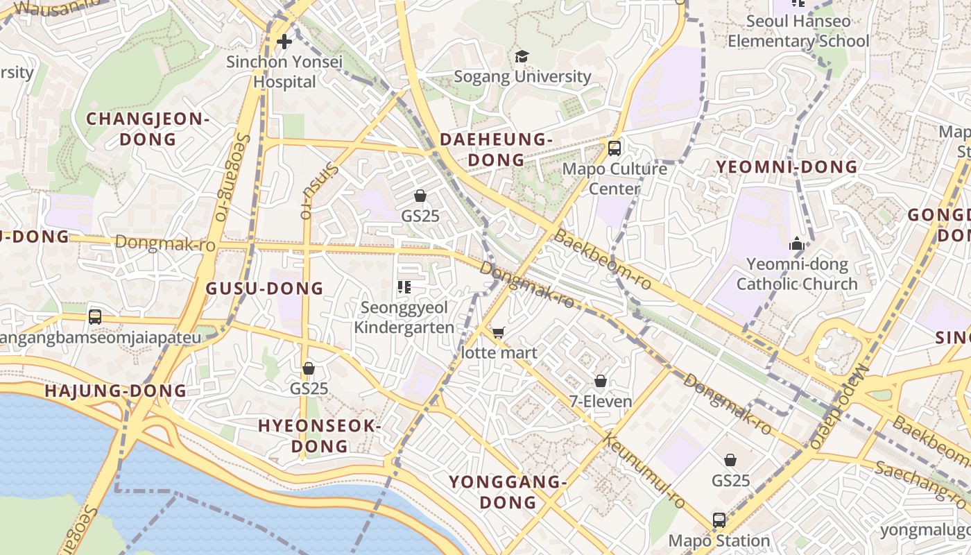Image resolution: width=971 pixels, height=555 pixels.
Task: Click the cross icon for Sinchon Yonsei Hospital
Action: tap(284, 42)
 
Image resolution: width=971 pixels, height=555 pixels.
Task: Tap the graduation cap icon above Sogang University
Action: tap(522, 56)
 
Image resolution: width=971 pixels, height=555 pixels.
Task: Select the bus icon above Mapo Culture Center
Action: tap(614, 148)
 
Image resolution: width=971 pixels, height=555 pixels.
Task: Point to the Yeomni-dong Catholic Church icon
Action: tap(796, 244)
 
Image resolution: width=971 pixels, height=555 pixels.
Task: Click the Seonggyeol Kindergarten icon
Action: tap(404, 287)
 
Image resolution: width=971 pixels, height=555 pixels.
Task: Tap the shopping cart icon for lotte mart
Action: tap(498, 333)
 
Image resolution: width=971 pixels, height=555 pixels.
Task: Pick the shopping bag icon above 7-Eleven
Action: tap(601, 381)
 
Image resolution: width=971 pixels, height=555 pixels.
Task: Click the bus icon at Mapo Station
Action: tap(719, 520)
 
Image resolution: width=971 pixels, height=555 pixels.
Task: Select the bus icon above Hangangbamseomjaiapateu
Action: tap(95, 316)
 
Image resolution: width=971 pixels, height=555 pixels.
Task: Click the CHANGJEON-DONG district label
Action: tap(148, 129)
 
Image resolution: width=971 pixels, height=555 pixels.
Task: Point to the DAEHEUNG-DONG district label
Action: tap(497, 150)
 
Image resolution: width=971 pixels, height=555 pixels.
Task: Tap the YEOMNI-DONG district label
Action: tap(787, 167)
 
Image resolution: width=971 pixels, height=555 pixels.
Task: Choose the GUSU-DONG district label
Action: tap(265, 289)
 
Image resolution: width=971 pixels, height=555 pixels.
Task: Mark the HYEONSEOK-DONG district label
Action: tap(320, 436)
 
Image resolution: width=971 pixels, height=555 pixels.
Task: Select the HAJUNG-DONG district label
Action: tap(116, 391)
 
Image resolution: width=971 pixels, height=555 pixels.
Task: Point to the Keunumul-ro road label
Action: tap(644, 472)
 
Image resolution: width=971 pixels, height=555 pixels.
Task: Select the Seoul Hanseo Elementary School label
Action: tap(798, 31)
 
